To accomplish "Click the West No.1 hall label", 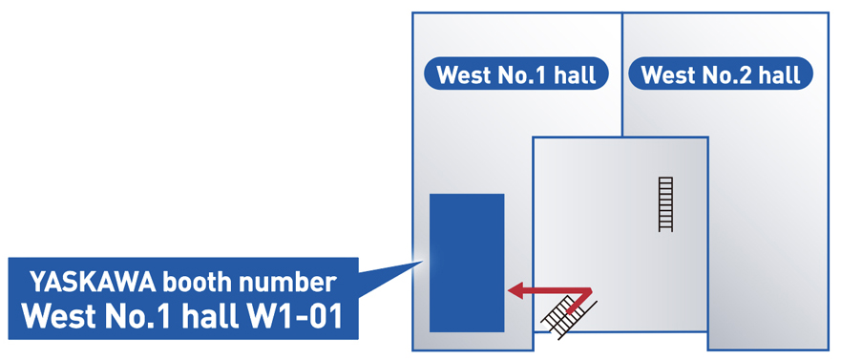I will coord(516,74).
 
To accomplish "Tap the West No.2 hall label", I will coord(721,74).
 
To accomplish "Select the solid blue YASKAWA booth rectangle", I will coord(467,262).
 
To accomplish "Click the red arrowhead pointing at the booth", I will coord(515,289).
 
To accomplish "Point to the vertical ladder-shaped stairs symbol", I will coord(665,204).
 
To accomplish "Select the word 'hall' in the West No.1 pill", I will coord(576,74).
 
